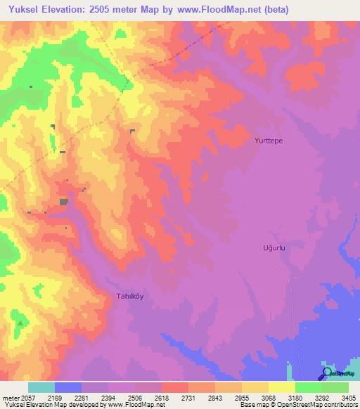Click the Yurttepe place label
tap(269, 141)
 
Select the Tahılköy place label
tap(129, 296)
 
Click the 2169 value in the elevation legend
tap(63, 397)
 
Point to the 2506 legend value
tap(145, 397)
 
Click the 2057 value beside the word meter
tap(25, 397)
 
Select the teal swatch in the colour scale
tap(41, 387)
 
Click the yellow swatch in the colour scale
tap(281, 387)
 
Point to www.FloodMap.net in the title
tap(215, 10)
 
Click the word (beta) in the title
tap(274, 10)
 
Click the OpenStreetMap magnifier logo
tap(327, 373)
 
